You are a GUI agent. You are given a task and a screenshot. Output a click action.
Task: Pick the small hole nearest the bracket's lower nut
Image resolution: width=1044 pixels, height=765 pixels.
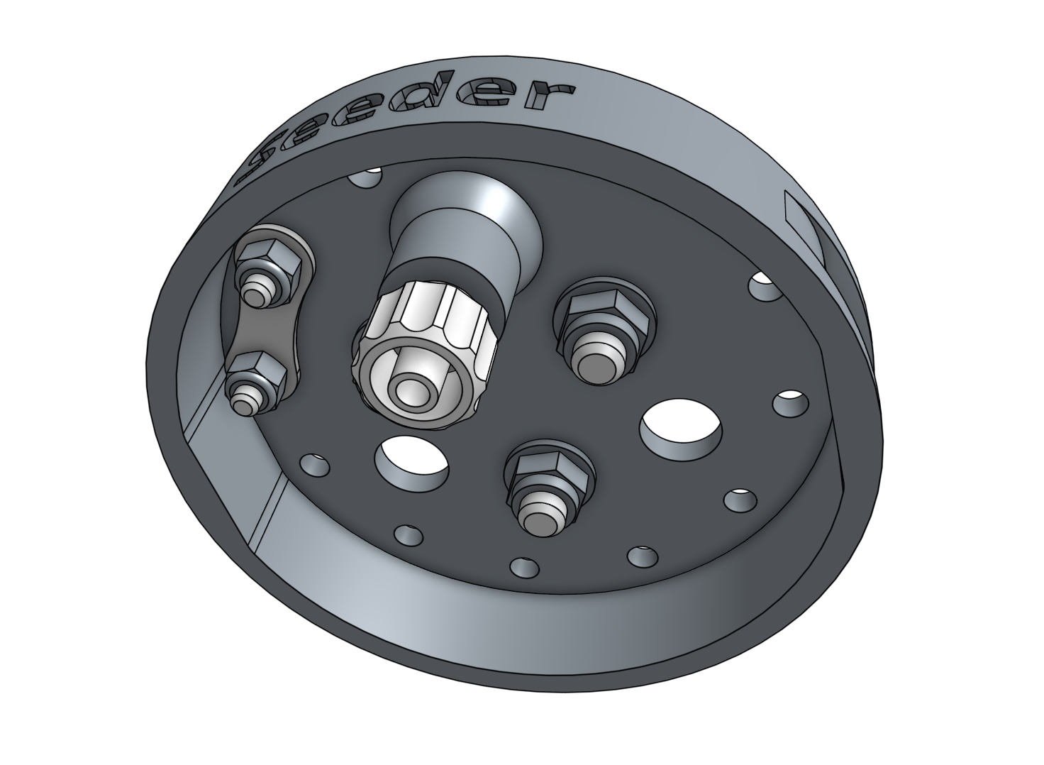pyautogui.click(x=313, y=466)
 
